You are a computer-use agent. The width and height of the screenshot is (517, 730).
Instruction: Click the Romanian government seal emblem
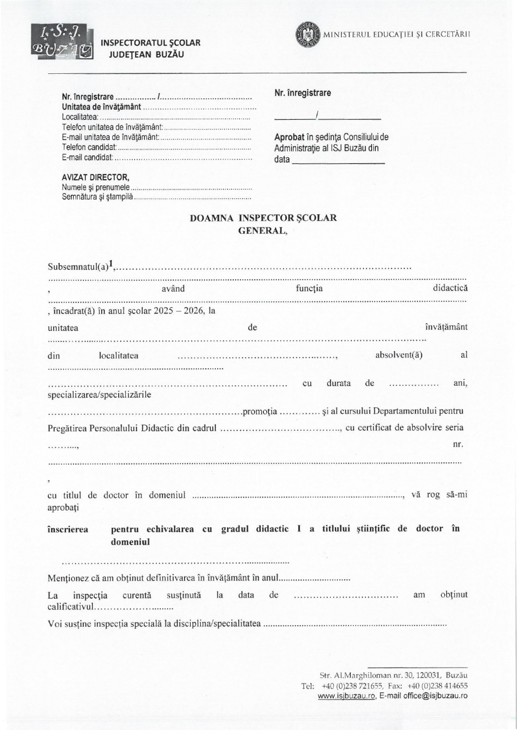tap(307, 35)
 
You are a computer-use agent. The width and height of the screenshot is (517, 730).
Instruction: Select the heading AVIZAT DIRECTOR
tap(95, 178)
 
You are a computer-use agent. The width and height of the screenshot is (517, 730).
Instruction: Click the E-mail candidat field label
tap(87, 157)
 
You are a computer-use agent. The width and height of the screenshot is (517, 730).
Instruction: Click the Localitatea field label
tap(80, 117)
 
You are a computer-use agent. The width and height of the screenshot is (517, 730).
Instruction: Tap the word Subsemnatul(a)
tap(78, 267)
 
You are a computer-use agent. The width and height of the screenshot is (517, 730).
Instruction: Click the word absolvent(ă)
tap(399, 355)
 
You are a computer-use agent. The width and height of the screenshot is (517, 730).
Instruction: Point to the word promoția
tap(260, 412)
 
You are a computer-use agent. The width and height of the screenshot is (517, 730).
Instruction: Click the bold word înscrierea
tap(68, 529)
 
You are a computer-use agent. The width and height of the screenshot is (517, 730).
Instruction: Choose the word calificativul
tap(70, 607)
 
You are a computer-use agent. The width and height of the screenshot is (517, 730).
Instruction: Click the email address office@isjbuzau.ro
tap(435, 696)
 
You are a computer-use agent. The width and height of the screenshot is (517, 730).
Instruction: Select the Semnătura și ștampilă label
tap(97, 197)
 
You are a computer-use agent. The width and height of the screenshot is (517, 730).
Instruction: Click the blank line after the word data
tap(338, 160)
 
